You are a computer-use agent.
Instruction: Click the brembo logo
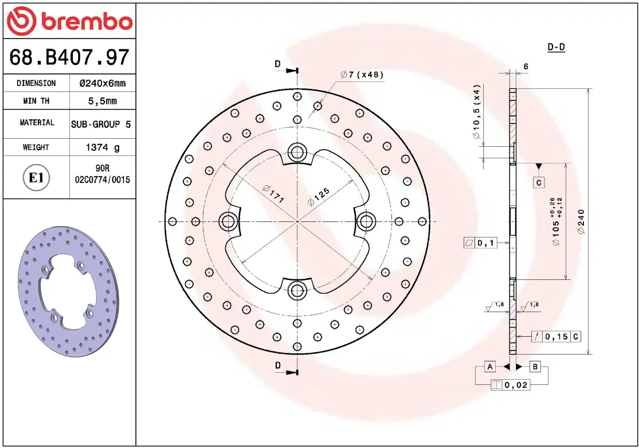click(69, 21)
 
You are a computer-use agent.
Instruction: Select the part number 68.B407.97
click(69, 57)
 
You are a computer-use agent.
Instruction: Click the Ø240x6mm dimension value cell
click(102, 83)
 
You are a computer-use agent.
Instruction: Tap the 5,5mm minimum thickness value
click(102, 101)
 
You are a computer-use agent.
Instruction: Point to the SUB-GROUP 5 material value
click(102, 124)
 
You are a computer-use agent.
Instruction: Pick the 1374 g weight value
click(103, 147)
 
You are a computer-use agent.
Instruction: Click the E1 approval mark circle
click(36, 178)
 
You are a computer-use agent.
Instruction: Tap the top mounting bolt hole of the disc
click(297, 152)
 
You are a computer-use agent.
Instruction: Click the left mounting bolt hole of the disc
click(228, 221)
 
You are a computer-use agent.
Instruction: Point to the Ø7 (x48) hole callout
click(362, 75)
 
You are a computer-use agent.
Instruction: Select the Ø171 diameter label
click(273, 194)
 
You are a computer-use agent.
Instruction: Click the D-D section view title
click(556, 47)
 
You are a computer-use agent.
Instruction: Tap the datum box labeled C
click(539, 183)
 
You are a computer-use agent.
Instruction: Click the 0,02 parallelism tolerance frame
click(510, 385)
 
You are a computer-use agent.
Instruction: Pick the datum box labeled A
click(490, 367)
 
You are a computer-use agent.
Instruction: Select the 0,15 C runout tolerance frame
click(555, 337)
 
